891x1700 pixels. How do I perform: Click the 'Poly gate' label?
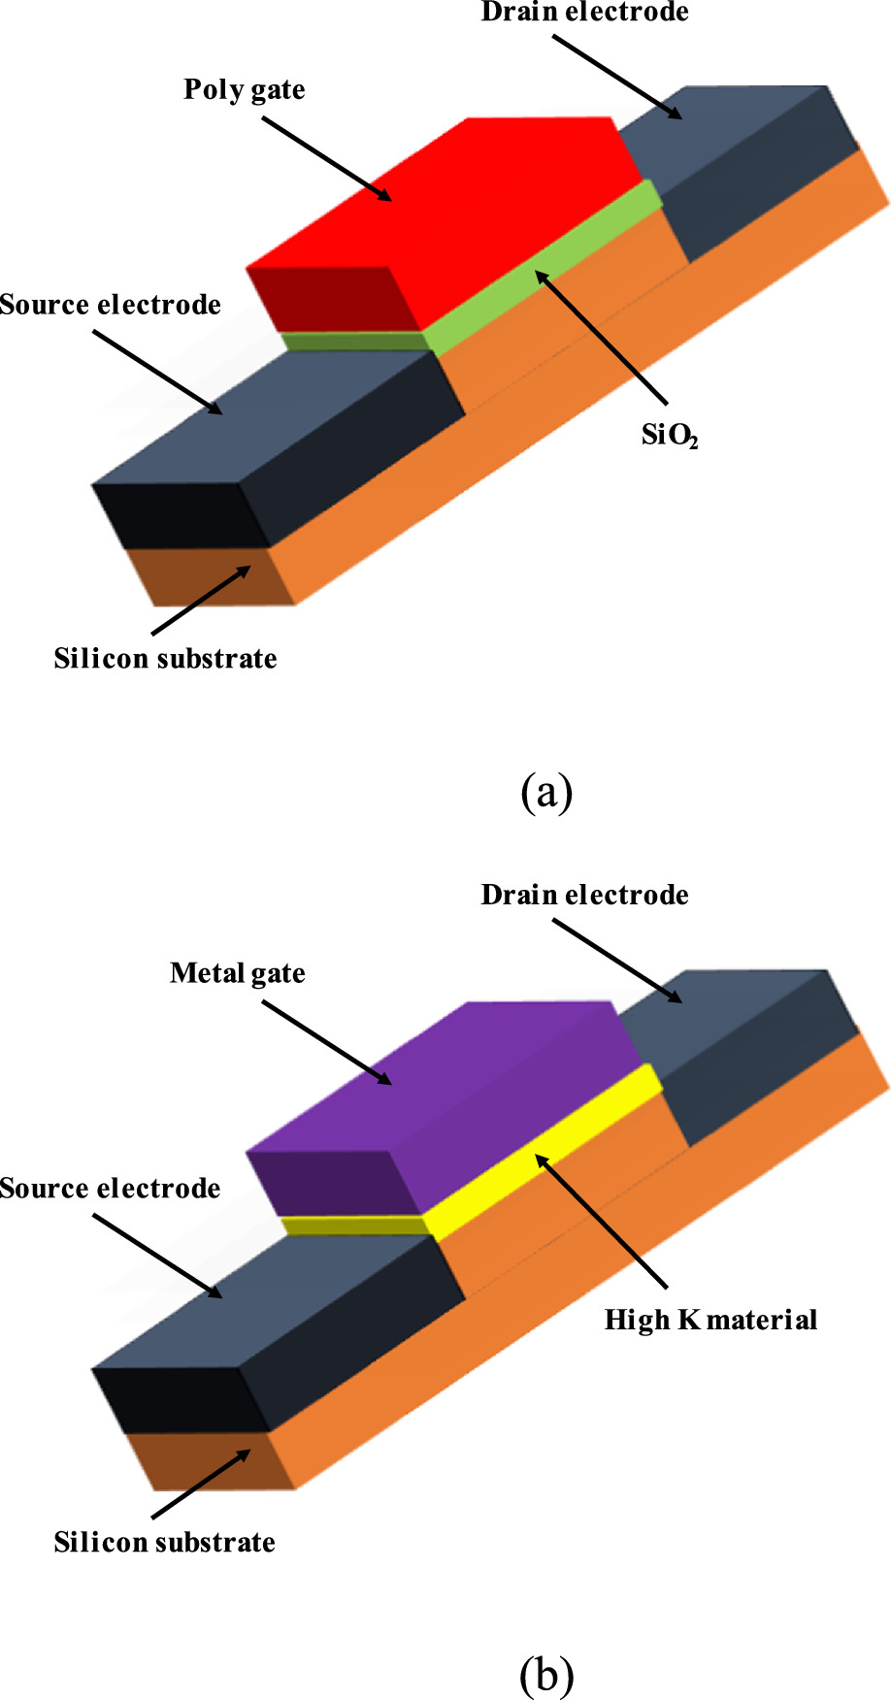tap(244, 90)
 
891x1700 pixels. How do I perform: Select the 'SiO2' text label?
tap(669, 436)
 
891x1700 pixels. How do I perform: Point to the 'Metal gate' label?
tap(237, 973)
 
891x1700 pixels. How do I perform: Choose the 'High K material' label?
tap(710, 1320)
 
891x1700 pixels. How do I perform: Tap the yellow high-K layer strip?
tap(544, 1155)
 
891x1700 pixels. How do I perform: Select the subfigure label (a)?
tap(546, 792)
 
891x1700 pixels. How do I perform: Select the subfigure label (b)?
tap(546, 1675)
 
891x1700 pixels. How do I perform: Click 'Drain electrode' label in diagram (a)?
tap(584, 13)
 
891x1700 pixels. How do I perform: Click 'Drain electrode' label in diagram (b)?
tap(584, 895)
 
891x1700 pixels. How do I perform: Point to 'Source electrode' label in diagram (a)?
tap(110, 305)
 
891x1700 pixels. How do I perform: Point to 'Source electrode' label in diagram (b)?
tap(110, 1189)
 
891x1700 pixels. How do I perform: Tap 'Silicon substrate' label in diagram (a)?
tap(165, 659)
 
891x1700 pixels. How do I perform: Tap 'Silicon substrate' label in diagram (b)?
tap(165, 1543)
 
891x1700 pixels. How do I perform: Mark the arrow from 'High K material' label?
tap(602, 1222)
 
